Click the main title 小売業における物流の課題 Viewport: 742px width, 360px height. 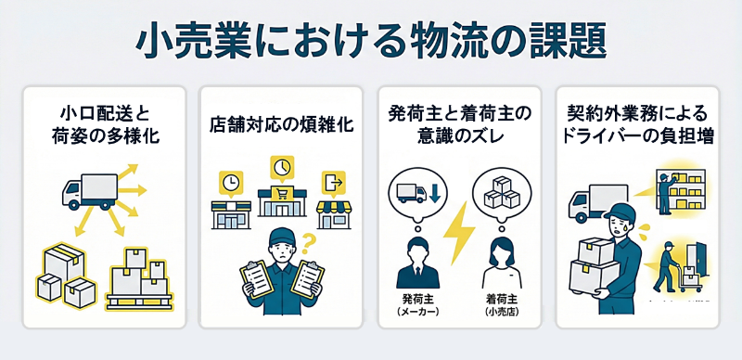tap(371, 40)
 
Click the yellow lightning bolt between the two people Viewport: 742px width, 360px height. tap(459, 236)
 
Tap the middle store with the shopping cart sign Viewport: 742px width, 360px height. tap(281, 201)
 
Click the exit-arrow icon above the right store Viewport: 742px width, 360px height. tap(332, 179)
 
